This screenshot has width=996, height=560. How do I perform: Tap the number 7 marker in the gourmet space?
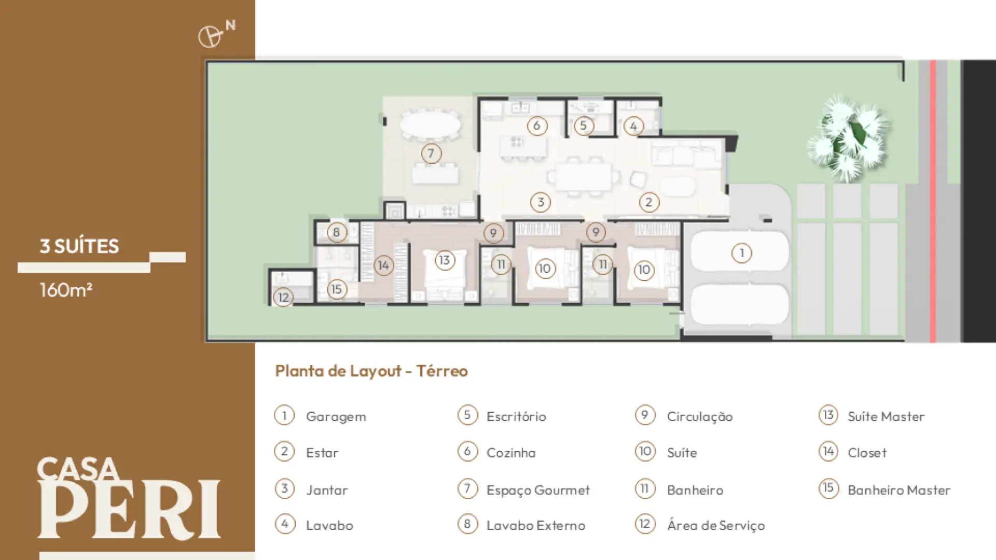point(431,153)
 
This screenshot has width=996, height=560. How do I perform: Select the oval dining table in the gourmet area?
point(430,124)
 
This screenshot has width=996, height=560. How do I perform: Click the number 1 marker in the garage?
point(741,253)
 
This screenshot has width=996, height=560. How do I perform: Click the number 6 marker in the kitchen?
point(537,125)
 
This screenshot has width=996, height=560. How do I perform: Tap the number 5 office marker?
point(584,125)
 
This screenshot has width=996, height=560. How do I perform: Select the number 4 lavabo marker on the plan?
point(633,126)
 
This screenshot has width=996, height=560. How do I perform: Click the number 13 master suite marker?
point(445,260)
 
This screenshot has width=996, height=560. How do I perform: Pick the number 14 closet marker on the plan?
point(383,265)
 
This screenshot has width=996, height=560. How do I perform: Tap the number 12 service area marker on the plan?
point(283,297)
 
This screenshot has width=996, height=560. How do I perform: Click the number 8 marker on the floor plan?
point(336,232)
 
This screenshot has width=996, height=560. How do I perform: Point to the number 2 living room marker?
point(649,202)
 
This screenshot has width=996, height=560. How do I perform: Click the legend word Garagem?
point(336,417)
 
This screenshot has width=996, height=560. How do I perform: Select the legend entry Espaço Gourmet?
point(538,491)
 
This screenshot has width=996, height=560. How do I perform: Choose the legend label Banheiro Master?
point(899,490)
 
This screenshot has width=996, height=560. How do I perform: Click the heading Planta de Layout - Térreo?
point(371,371)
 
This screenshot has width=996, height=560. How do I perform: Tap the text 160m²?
point(66,289)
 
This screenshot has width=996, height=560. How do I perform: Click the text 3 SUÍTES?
point(79,246)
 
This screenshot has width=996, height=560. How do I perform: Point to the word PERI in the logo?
point(129,510)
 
